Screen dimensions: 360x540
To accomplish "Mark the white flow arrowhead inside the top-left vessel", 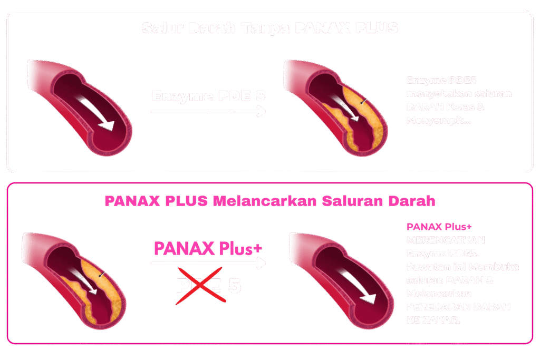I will [108, 126].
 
